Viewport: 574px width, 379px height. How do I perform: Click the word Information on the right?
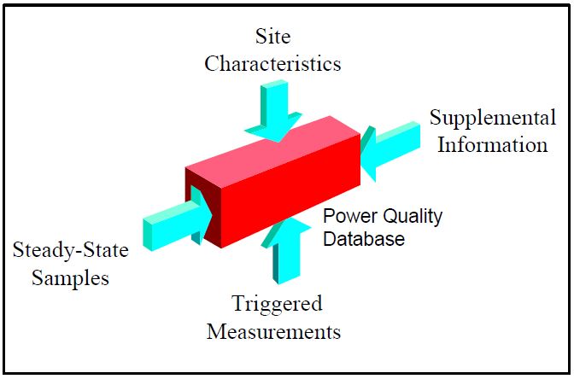[x=493, y=144]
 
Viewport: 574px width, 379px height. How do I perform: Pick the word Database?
[x=362, y=239]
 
